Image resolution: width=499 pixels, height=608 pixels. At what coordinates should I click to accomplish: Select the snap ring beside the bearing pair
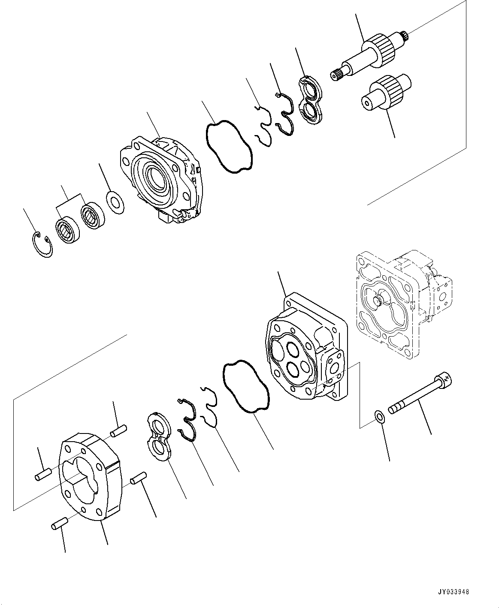(43, 244)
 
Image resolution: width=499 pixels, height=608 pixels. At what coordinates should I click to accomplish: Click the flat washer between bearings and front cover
(115, 202)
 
